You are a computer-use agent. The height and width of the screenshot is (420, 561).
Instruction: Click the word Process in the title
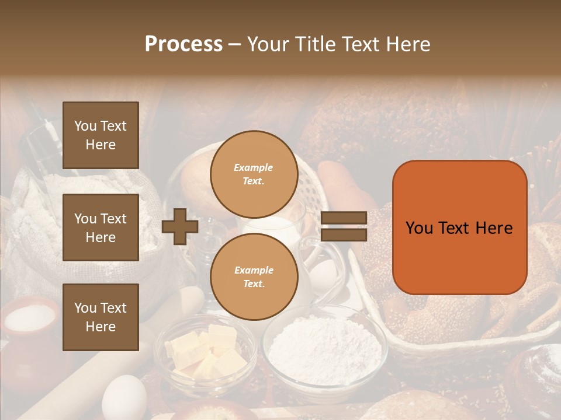click(183, 44)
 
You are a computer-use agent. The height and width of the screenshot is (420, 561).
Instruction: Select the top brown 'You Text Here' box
click(101, 135)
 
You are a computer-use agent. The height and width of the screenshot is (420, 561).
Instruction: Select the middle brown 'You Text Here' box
click(101, 228)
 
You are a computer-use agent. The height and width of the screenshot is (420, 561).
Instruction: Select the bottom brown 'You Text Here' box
click(101, 317)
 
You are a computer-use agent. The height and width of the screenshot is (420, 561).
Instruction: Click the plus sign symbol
click(180, 226)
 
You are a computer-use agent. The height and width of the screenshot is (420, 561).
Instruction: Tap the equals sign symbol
click(344, 226)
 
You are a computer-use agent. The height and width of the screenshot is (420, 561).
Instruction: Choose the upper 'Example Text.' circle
click(254, 174)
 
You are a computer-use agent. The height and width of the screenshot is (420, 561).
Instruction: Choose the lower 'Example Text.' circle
click(254, 276)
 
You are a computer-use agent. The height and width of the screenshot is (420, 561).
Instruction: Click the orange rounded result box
click(459, 227)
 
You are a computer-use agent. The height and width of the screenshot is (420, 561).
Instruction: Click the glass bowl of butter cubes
click(206, 353)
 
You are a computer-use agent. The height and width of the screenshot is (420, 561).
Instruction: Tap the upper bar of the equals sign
click(344, 218)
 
